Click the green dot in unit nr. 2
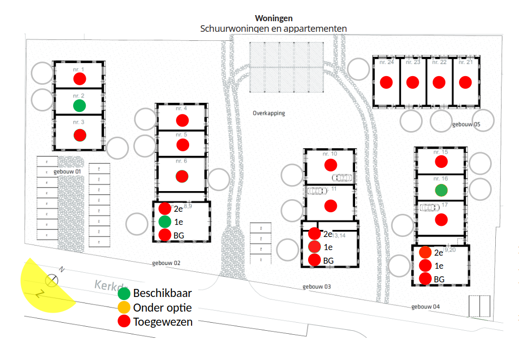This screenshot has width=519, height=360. click(x=79, y=105)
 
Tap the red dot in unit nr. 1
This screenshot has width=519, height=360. click(x=79, y=79)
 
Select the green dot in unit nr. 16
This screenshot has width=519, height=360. click(x=441, y=190)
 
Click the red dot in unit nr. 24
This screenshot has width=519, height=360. click(x=386, y=82)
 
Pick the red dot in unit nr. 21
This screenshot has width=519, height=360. click(x=465, y=82)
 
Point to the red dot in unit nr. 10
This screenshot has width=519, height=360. click(x=330, y=164)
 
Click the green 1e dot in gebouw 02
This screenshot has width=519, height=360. click(x=164, y=221)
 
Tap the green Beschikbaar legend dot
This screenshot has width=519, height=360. click(x=124, y=293)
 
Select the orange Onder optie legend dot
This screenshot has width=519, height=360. click(x=124, y=308)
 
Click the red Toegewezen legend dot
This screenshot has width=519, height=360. click(x=124, y=322)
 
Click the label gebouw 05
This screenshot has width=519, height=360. click(x=466, y=124)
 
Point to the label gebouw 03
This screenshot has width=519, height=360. click(x=317, y=286)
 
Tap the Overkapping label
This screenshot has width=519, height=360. click(x=269, y=113)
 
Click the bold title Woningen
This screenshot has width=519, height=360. click(x=274, y=18)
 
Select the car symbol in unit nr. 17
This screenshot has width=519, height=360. click(x=429, y=207)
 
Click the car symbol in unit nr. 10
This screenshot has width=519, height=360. click(x=342, y=177)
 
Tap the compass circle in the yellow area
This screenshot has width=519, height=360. click(x=51, y=280)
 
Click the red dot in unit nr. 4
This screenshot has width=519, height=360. click(x=182, y=121)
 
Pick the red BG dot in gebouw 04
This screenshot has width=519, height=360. click(x=425, y=278)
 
